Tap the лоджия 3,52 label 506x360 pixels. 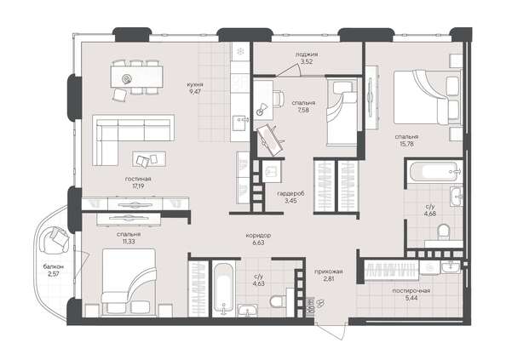pyautogui.click(x=306, y=58)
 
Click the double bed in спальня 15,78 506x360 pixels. pyautogui.click(x=423, y=95)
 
